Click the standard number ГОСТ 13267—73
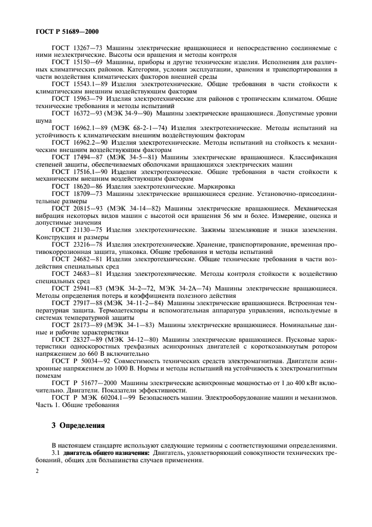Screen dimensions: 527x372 (76, 50)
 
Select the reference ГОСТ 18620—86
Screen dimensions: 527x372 (76, 185)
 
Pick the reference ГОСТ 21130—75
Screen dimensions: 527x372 (76, 229)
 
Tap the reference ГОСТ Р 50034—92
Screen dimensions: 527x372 (80, 359)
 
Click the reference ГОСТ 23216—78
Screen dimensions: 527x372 (76, 245)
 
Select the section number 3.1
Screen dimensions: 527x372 (56, 453)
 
